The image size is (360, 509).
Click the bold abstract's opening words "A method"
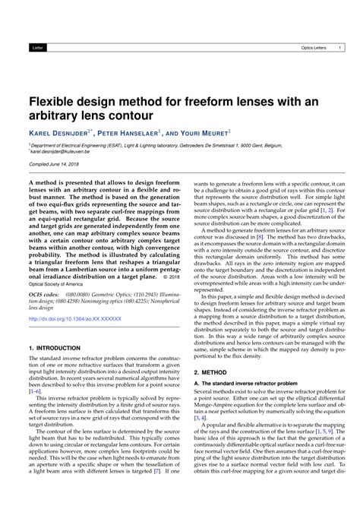tap(43, 183)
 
